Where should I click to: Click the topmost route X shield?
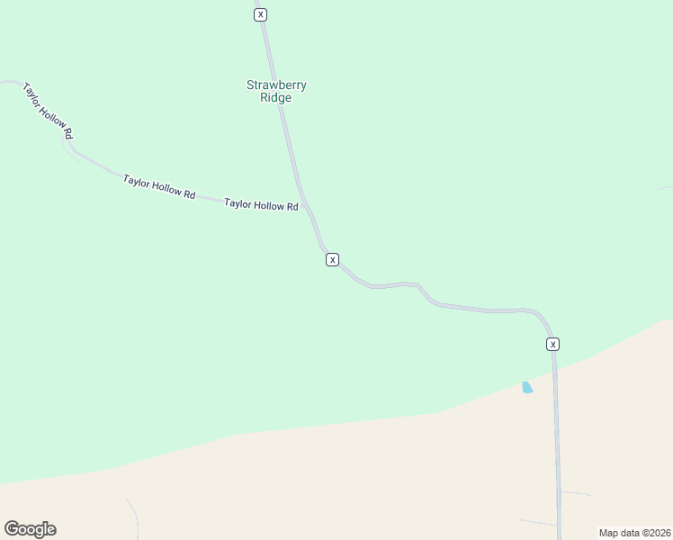point(261,14)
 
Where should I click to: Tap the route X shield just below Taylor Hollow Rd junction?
point(333,259)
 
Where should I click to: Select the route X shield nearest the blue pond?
point(553,344)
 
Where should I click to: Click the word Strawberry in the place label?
point(276,85)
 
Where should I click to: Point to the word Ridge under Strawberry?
point(276,98)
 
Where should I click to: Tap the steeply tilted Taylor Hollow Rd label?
point(48,111)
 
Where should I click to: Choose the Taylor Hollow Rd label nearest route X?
point(261,205)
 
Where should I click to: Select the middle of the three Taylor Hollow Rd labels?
point(159,187)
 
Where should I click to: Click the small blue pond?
point(527,388)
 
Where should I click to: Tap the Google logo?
point(31,529)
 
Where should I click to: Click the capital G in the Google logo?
point(12,528)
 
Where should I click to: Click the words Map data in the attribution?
point(619,533)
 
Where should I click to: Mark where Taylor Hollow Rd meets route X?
point(305,206)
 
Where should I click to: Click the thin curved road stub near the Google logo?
point(133,517)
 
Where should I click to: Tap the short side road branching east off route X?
point(576,493)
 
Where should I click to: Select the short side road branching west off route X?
point(538,522)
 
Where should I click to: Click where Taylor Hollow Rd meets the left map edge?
point(3,82)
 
